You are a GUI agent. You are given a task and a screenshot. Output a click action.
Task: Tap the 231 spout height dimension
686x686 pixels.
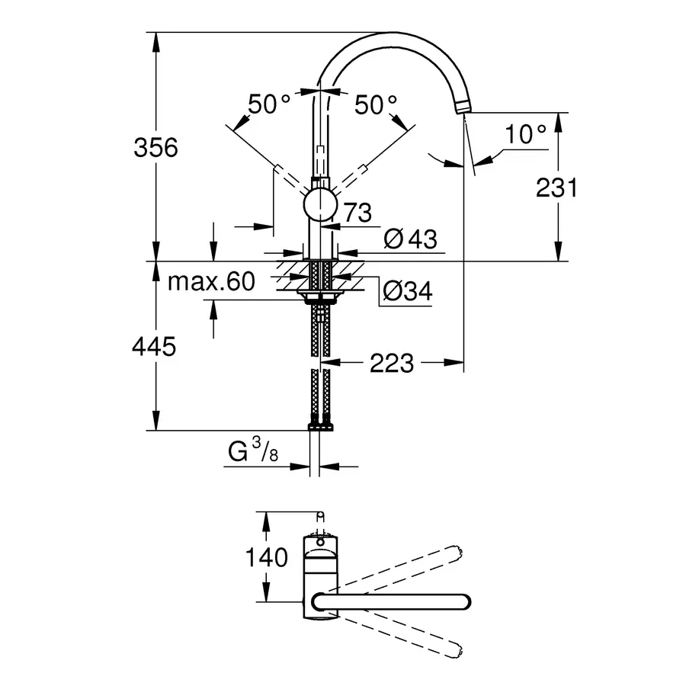557,187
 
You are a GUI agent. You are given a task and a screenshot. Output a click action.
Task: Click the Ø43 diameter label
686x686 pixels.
411,239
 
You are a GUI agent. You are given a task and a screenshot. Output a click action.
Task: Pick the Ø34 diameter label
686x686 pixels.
406,290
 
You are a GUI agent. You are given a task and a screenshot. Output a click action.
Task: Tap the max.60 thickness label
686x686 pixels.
210,282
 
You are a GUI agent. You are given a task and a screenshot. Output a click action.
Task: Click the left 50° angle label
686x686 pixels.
269,104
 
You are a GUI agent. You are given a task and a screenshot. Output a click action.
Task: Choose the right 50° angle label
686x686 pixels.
377,104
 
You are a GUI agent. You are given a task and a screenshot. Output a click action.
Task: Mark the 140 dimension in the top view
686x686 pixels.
267,557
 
